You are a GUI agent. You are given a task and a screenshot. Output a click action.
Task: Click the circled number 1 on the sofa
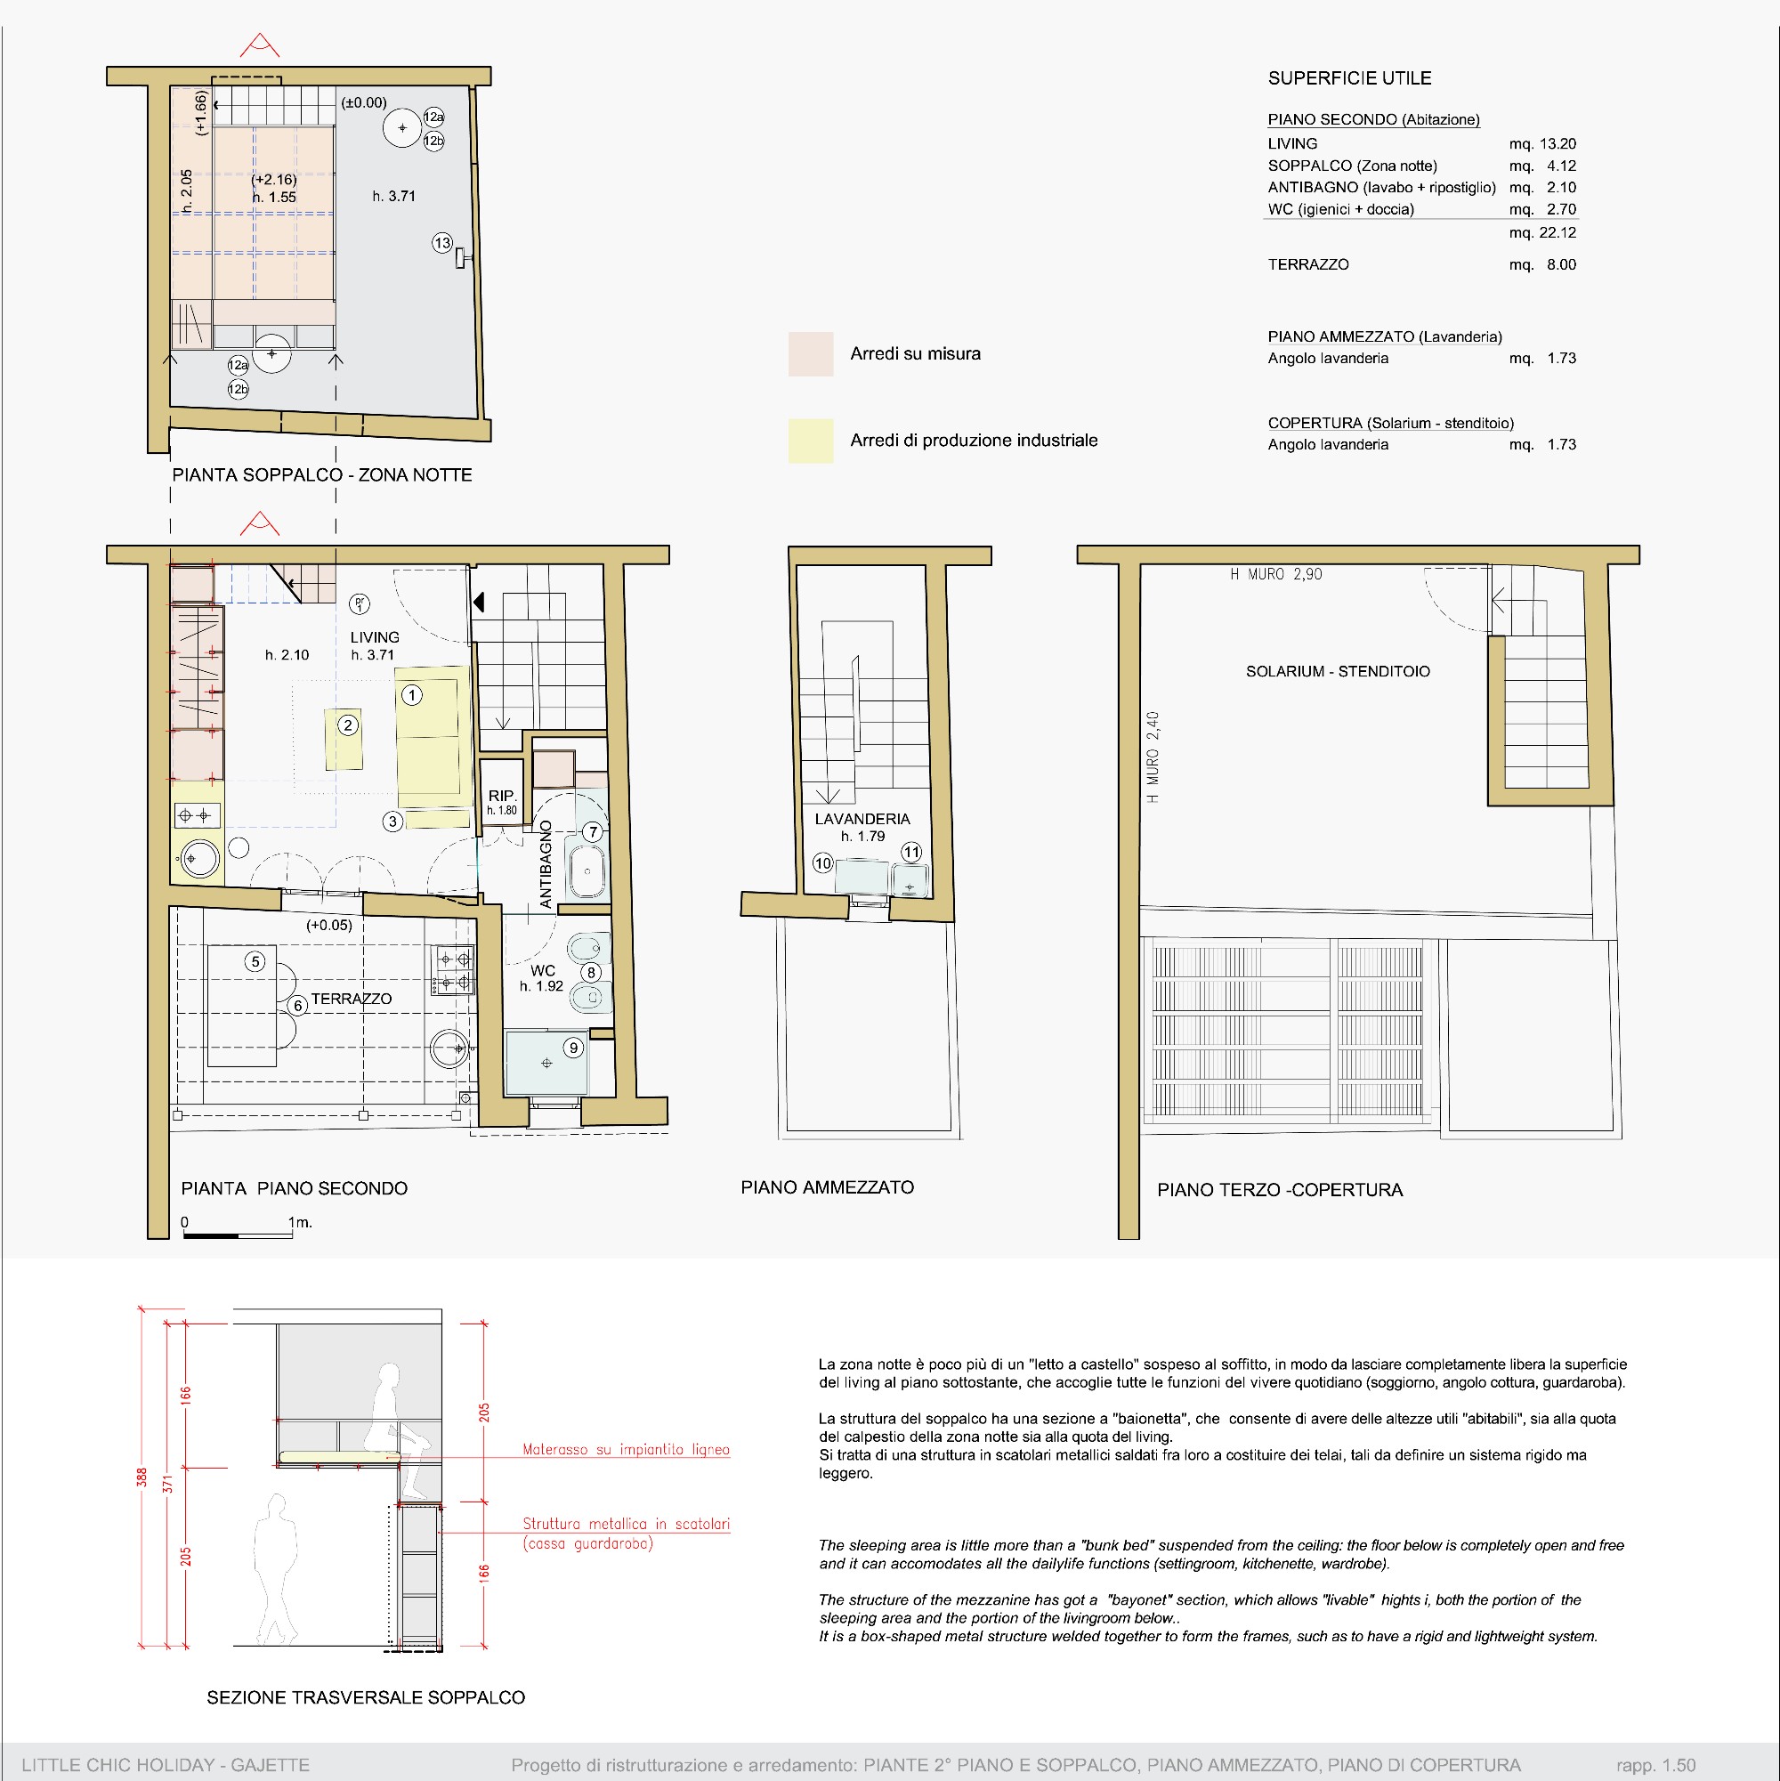412,695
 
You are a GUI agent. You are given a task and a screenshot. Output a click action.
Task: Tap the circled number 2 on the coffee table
347,725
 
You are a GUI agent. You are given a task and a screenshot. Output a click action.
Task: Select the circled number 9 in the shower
573,1048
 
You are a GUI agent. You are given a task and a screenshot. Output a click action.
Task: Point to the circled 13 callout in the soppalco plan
442,243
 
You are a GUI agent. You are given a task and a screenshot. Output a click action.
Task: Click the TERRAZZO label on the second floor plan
352,999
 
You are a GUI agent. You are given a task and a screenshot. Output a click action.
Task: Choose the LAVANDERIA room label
862,819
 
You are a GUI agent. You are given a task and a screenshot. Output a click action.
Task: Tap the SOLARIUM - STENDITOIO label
1338,671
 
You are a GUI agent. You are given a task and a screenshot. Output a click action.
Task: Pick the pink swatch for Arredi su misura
810,354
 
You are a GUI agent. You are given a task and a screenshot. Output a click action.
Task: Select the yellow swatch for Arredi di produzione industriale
810,441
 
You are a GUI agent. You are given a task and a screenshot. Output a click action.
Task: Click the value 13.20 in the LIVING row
1557,144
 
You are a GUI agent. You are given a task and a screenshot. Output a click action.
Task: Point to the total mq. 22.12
1542,232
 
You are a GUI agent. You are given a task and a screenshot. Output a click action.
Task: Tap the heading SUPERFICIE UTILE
1349,78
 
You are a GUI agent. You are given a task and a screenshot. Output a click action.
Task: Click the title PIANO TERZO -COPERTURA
1280,1190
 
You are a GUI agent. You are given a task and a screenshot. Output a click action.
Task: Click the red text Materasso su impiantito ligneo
626,1449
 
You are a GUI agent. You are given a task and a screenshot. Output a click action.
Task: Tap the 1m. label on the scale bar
301,1222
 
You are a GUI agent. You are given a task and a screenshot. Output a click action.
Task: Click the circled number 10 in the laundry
822,862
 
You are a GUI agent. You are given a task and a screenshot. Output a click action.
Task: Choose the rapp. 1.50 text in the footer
1655,1764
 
